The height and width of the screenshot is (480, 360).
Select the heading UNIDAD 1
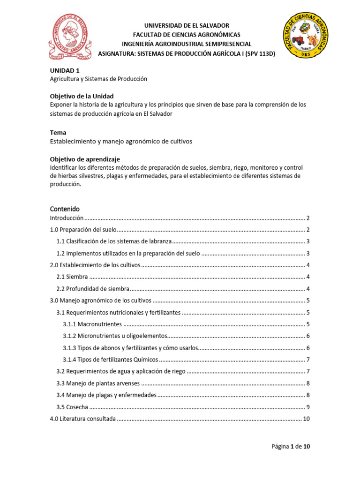pyautogui.click(x=61, y=70)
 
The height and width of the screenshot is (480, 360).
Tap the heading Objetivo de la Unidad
pyautogui.click(x=82, y=96)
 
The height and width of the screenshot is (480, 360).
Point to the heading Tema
pyautogui.click(x=58, y=132)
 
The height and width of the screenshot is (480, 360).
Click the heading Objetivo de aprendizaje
pyautogui.click(x=85, y=159)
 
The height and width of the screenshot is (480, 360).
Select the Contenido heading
pyautogui.click(x=65, y=208)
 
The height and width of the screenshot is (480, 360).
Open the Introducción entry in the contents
pyautogui.click(x=67, y=218)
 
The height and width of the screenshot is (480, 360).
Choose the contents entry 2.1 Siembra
pyautogui.click(x=72, y=277)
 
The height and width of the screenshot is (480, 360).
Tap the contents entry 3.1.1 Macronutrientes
pyautogui.click(x=92, y=324)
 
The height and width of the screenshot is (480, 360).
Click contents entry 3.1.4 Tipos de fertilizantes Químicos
pyautogui.click(x=111, y=360)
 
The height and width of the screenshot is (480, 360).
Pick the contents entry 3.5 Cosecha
pyautogui.click(x=72, y=407)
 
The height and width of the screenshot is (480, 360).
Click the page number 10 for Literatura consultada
pyautogui.click(x=306, y=419)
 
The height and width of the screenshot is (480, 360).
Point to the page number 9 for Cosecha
pyautogui.click(x=308, y=407)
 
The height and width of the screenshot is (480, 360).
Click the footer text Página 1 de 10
pyautogui.click(x=291, y=446)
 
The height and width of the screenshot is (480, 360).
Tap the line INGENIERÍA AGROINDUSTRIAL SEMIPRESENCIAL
pyautogui.click(x=187, y=44)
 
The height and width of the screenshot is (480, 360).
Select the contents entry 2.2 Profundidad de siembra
pyautogui.click(x=92, y=289)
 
